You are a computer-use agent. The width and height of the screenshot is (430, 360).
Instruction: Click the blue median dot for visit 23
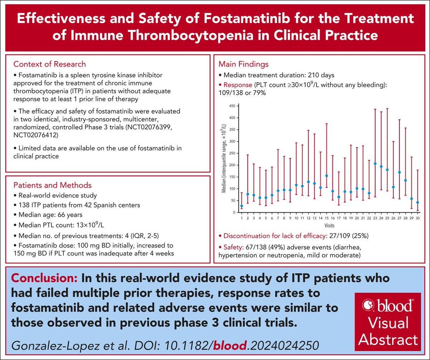click(375, 164)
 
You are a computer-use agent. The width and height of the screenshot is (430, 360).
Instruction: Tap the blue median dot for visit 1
click(242, 206)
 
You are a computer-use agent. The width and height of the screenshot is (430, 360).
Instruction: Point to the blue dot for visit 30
click(417, 202)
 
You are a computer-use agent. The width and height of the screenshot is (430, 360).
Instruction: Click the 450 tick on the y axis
click(233, 106)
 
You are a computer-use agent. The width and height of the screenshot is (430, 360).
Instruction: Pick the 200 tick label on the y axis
click(233, 165)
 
